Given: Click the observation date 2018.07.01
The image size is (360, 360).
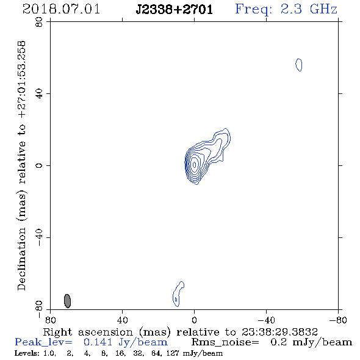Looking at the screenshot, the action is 61,9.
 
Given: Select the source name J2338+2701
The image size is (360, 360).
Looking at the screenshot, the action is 175,9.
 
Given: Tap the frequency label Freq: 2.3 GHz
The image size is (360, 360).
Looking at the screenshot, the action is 286,9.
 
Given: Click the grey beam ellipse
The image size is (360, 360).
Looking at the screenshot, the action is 67,301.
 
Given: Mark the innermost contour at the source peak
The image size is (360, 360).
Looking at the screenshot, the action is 195,165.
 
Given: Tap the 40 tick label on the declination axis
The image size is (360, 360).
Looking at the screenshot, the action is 39,94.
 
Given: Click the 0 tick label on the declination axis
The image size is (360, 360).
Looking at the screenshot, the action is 39,165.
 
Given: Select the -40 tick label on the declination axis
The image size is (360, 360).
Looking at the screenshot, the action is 39,237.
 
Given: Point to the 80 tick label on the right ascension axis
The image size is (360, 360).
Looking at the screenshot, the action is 50,320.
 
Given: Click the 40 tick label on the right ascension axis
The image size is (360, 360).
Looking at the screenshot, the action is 122,320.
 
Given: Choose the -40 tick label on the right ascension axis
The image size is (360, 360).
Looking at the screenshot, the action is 266,320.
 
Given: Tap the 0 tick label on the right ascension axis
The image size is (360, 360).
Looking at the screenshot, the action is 194,320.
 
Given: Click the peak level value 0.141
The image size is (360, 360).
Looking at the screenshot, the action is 98,342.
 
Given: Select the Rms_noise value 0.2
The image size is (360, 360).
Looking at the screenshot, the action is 278,342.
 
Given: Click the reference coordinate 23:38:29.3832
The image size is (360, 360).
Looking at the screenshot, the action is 279,332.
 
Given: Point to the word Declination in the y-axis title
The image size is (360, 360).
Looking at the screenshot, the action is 21,259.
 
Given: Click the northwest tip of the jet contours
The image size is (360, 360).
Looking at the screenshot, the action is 226,129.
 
